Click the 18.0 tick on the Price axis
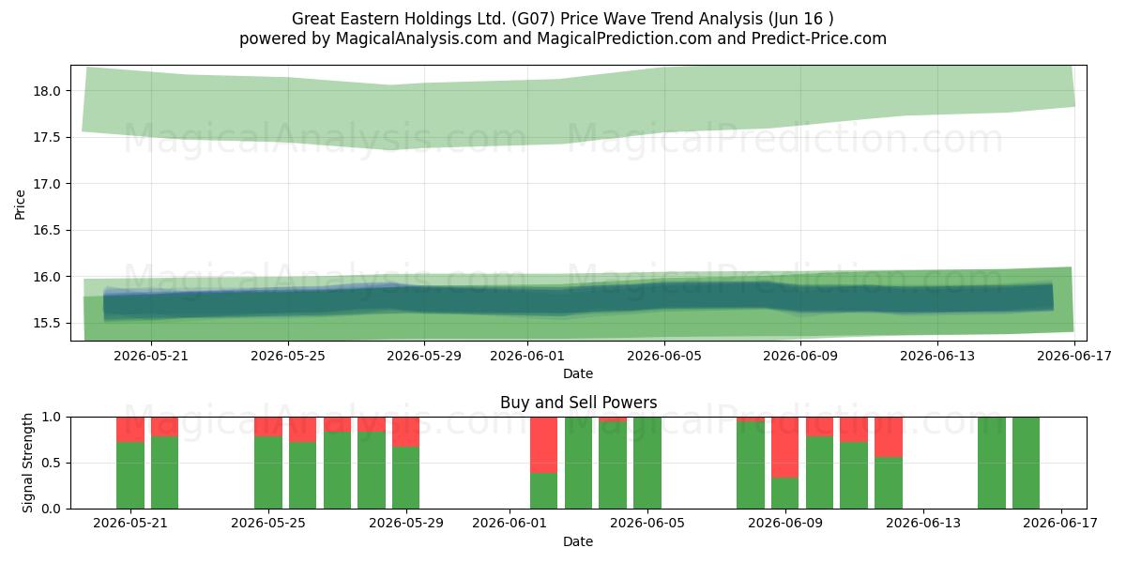tap(47, 91)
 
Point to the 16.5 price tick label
tap(47, 230)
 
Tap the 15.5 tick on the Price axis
tap(47, 323)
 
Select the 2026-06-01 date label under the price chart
tap(527, 356)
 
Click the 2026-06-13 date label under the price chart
tap(937, 356)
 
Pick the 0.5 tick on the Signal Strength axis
tap(51, 463)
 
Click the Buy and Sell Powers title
tap(578, 403)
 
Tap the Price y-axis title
tap(20, 205)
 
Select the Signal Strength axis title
tap(27, 463)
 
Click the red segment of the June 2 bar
tap(544, 445)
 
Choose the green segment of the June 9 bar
tap(785, 494)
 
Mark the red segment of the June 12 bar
tap(889, 437)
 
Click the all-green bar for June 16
tap(1026, 463)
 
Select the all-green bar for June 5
tap(647, 463)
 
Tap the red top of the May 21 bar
tap(130, 430)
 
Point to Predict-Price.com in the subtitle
tap(819, 38)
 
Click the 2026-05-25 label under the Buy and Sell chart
tap(268, 524)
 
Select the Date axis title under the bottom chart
tap(578, 542)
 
